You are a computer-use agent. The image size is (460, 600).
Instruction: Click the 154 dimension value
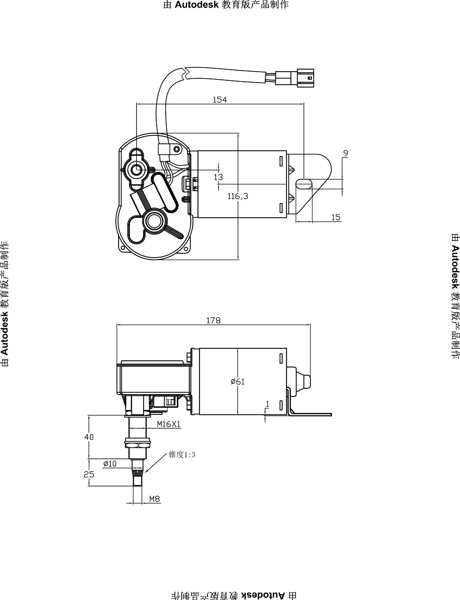pos(220,99)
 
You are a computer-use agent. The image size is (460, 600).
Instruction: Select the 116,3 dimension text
pos(238,196)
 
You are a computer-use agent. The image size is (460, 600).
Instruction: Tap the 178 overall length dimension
pos(214,320)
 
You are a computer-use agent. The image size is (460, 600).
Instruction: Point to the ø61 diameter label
pos(238,382)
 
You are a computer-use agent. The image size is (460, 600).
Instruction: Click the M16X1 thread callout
pos(169,424)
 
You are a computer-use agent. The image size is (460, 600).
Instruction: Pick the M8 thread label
pos(155,498)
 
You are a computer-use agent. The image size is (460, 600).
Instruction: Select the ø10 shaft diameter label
pos(110,464)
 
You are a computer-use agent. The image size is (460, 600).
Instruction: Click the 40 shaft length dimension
pos(89,437)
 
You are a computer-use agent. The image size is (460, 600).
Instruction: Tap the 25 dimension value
pos(89,475)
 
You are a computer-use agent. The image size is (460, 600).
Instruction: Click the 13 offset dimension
pos(218,177)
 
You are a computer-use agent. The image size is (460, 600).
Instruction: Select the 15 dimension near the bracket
pos(336,217)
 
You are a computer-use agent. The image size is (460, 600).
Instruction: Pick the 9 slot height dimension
pos(345,154)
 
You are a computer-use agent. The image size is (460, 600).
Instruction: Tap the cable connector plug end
pos(306,78)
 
